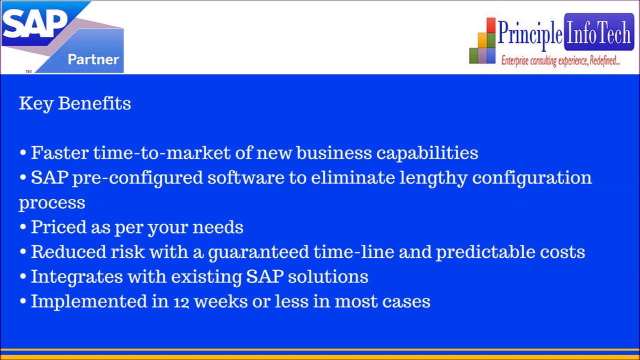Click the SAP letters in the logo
[x=34, y=23]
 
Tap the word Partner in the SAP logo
[x=93, y=59]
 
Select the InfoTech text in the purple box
[x=599, y=33]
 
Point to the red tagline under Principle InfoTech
[x=560, y=60]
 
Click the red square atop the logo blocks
[x=491, y=25]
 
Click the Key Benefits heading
[x=75, y=103]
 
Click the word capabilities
[x=427, y=153]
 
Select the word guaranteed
[x=258, y=252]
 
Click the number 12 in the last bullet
[x=181, y=302]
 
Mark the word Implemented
[x=89, y=301]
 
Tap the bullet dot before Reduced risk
[x=23, y=252]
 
